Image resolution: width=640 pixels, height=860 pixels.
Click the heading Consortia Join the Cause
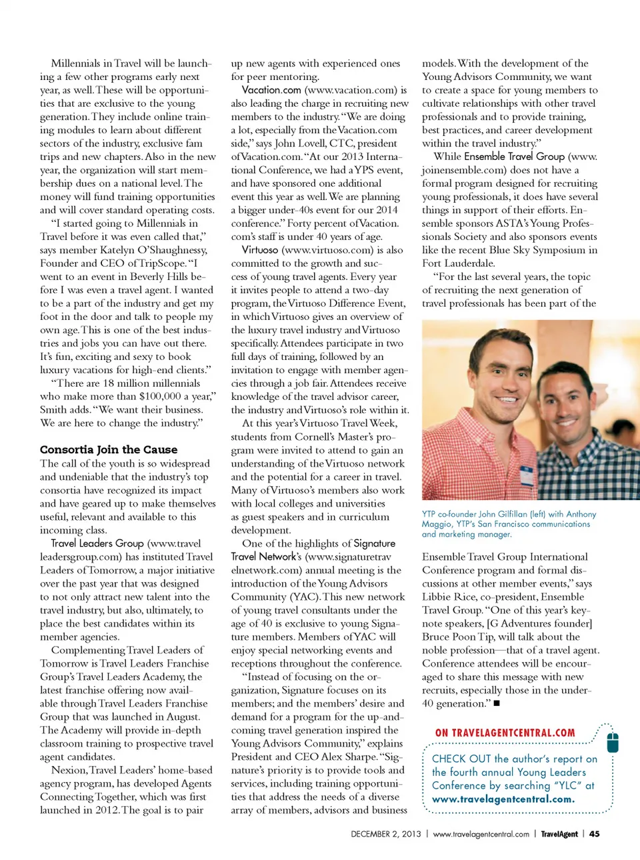(x=109, y=449)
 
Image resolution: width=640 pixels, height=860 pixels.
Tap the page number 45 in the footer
(x=594, y=834)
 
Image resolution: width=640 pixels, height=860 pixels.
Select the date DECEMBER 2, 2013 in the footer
(x=386, y=834)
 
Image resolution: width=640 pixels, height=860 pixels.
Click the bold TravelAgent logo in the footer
(x=559, y=834)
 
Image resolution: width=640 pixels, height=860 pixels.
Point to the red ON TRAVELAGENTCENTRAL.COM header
(x=505, y=733)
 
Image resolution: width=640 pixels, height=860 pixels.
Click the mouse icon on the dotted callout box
(x=613, y=741)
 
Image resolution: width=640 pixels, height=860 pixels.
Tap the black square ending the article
(x=497, y=703)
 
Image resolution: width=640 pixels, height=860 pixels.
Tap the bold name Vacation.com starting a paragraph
(x=271, y=89)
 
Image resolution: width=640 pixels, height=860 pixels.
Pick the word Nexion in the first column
(x=68, y=770)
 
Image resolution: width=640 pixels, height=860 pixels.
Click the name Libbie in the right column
(x=437, y=597)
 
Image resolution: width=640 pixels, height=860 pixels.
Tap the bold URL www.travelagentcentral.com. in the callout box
(x=503, y=799)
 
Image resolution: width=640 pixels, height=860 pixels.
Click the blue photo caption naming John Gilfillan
(x=509, y=523)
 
